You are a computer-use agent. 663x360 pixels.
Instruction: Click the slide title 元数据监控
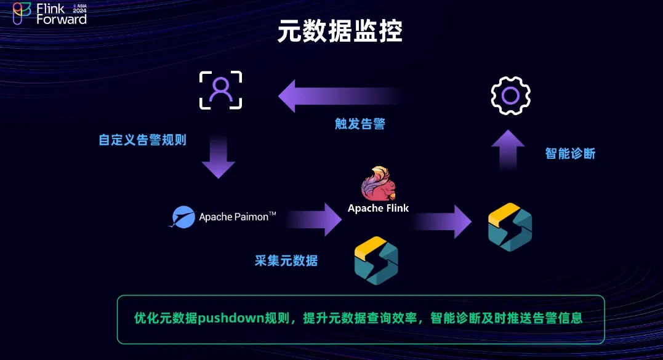coord(340,31)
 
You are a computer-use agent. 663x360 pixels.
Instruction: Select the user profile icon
coord(220,90)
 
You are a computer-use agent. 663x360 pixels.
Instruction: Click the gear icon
coord(510,95)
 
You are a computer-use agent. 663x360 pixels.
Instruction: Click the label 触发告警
coord(360,124)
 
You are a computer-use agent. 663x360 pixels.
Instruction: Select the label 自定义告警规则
coord(142,140)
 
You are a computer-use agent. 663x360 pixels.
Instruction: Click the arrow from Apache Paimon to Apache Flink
coord(314,219)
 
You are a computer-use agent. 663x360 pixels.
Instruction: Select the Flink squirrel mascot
coord(378,183)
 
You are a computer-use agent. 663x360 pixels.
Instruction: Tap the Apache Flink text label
coord(378,208)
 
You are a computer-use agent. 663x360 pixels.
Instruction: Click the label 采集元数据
coord(286,260)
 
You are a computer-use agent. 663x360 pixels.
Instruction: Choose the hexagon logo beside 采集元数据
coord(376,260)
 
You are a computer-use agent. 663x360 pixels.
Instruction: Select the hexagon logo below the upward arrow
coord(510,228)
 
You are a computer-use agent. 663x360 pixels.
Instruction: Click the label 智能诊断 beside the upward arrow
coord(570,153)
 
